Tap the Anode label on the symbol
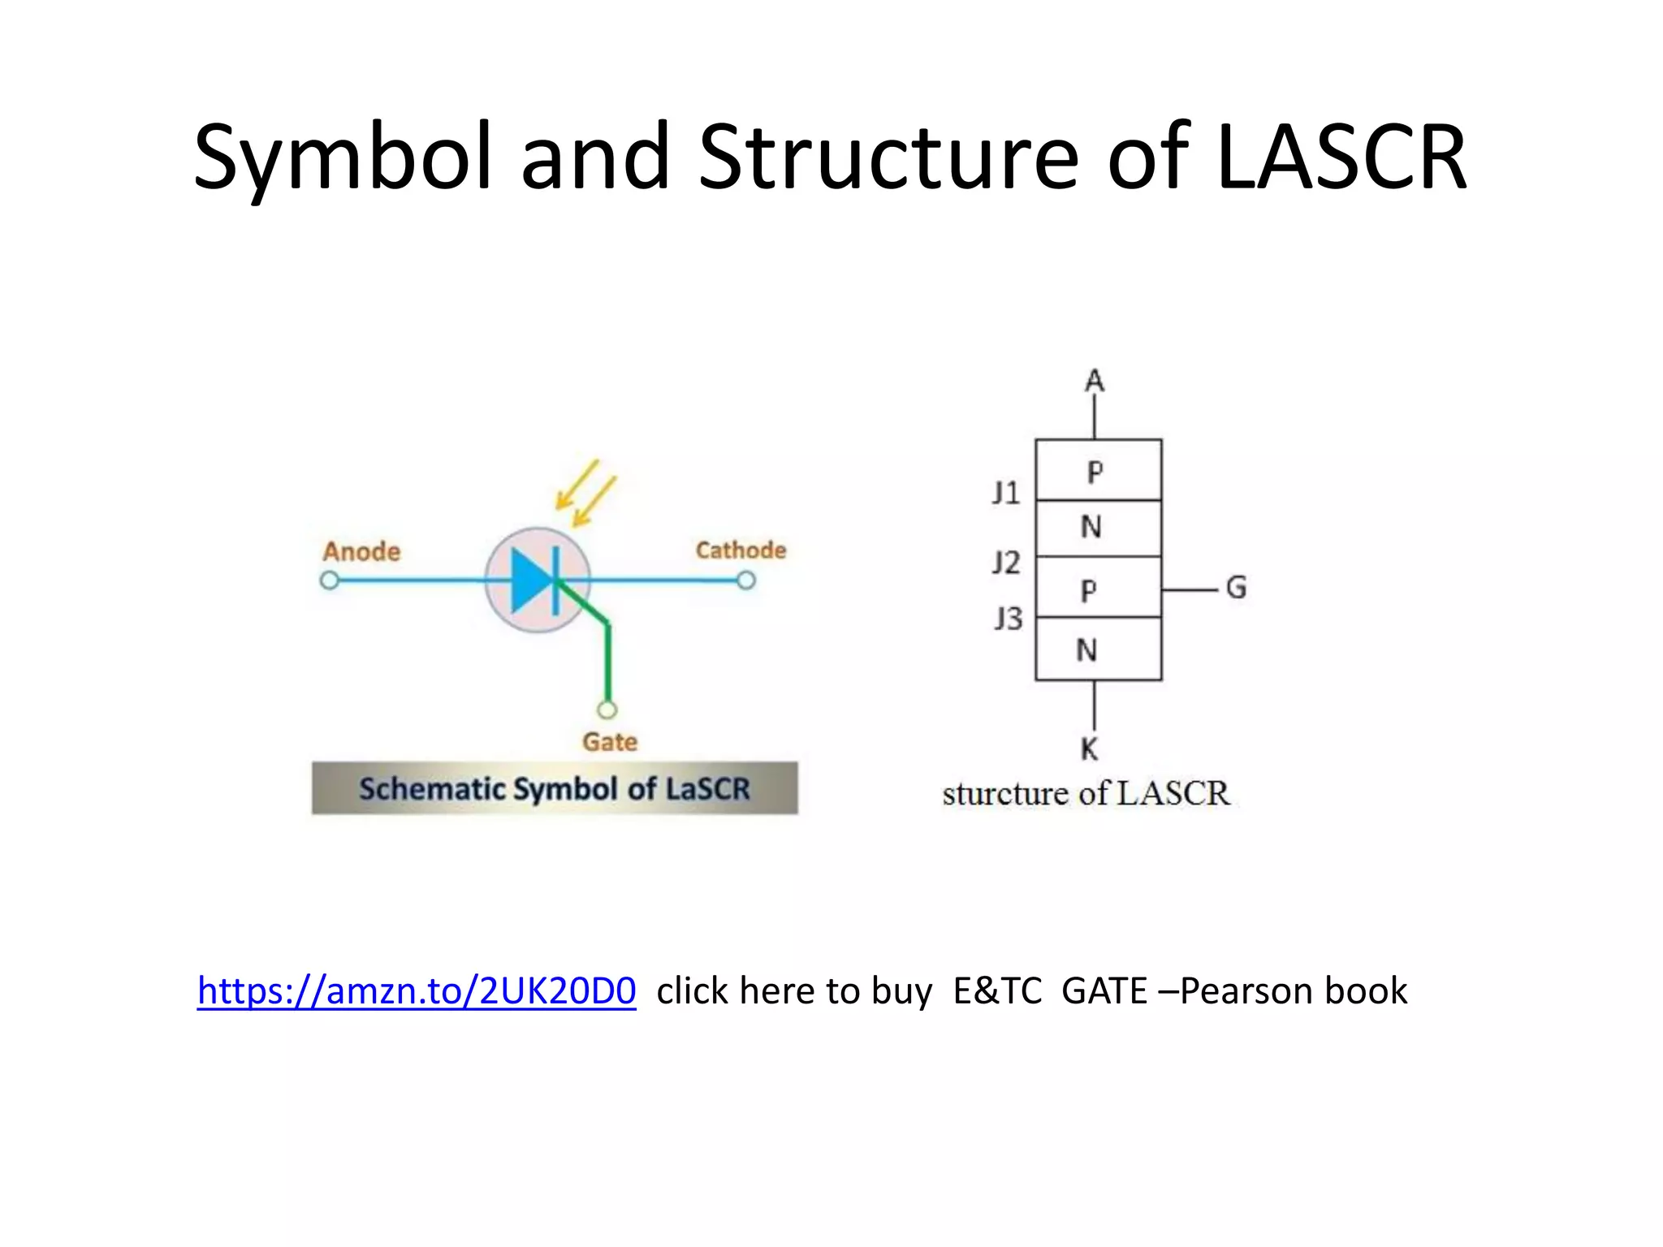(x=361, y=551)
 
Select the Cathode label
(x=741, y=550)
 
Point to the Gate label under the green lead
(x=609, y=741)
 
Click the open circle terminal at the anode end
(x=329, y=580)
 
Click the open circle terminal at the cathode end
(x=746, y=580)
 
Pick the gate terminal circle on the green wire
(x=607, y=710)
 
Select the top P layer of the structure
(x=1098, y=470)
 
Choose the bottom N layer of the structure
(x=1098, y=649)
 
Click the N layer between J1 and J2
(x=1098, y=528)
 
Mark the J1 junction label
(x=1006, y=493)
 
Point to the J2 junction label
(x=1006, y=562)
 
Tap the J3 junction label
(x=1009, y=619)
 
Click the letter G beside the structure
(x=1236, y=587)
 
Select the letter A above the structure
(x=1095, y=381)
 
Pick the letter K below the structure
(x=1090, y=749)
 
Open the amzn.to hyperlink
(x=417, y=990)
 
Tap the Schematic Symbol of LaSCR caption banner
(x=555, y=788)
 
